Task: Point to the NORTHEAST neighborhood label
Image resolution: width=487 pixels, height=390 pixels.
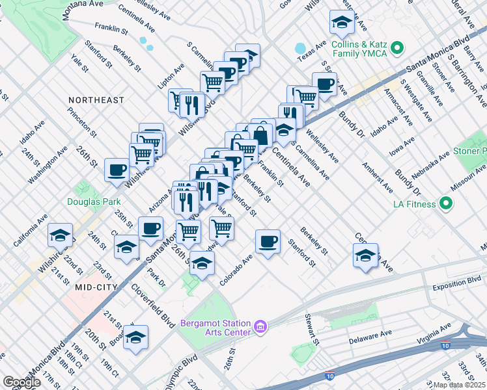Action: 96,100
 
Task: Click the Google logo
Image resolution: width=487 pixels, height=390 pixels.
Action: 21,382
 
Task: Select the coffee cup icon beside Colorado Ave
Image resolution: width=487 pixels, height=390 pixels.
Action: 268,242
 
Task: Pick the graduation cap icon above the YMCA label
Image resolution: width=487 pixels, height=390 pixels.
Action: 341,23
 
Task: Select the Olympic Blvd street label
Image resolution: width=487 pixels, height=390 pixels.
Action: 181,372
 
